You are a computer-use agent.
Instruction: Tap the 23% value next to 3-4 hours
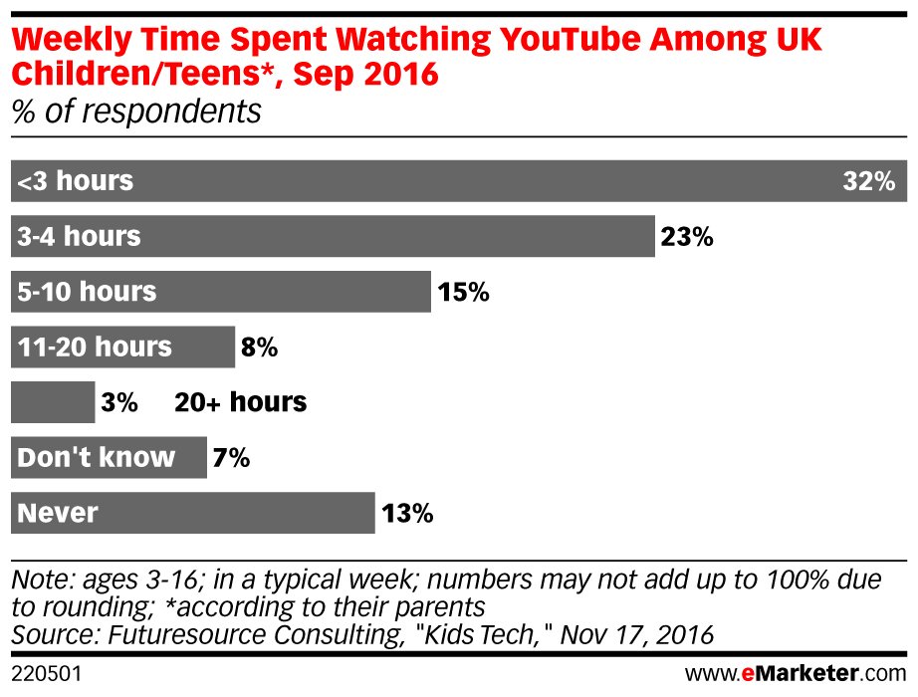687,238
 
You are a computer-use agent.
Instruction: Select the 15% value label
463,293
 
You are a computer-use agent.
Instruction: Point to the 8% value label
259,348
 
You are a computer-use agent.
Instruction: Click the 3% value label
118,403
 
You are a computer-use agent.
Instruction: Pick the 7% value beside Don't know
231,458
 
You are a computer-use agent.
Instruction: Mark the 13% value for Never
406,514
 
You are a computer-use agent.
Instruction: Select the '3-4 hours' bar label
80,238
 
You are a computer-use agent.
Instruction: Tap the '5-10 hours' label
88,293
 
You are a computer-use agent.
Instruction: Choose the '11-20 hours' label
96,348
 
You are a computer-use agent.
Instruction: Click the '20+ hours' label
240,403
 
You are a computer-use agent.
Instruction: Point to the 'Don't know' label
97,458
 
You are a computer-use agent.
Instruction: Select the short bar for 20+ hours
52,403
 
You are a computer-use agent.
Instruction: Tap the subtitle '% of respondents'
136,111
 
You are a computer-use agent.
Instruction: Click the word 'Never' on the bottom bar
58,514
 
